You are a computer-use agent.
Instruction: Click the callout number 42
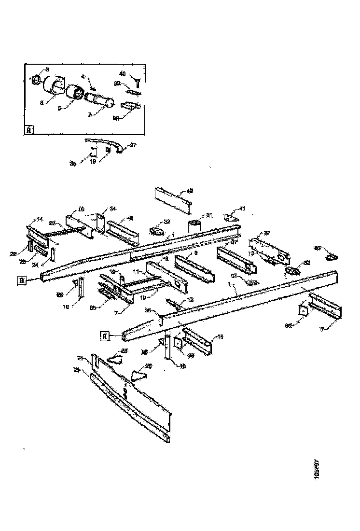click(190, 191)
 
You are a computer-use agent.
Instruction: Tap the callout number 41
click(242, 209)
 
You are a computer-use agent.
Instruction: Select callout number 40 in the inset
click(123, 74)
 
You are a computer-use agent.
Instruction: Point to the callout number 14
click(40, 219)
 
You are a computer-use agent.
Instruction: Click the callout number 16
click(81, 210)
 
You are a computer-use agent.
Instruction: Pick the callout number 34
click(112, 209)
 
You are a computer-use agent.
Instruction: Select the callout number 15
click(221, 336)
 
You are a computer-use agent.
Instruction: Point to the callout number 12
click(191, 300)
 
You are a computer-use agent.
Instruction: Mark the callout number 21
click(80, 358)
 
